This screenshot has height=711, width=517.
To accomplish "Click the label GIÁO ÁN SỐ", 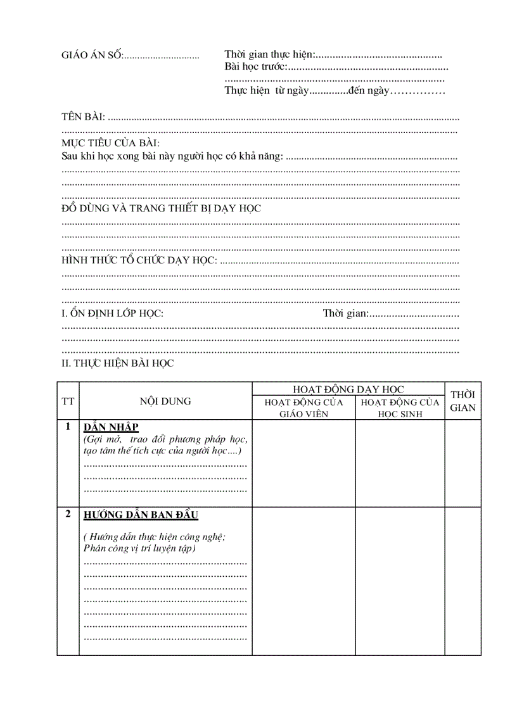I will (91, 56).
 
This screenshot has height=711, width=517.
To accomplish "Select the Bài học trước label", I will (256, 67).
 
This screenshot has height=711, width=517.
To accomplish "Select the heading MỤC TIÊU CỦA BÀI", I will (111, 144).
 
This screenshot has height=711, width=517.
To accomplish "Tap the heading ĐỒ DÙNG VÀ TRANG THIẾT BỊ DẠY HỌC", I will (161, 208).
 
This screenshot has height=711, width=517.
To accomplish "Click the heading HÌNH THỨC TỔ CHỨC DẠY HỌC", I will (139, 260).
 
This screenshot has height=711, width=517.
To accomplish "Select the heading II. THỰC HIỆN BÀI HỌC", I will (117, 363).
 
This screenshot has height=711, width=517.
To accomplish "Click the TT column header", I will (68, 401).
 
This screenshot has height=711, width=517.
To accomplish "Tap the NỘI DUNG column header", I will (165, 401).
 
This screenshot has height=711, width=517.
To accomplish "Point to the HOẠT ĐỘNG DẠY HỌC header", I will (348, 389).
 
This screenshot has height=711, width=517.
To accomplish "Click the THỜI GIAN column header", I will (463, 401).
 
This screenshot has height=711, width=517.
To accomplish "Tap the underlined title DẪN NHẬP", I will (111, 427).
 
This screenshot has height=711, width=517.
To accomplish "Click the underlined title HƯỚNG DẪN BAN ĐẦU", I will (141, 515).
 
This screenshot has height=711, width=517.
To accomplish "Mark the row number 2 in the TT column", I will (68, 514).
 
